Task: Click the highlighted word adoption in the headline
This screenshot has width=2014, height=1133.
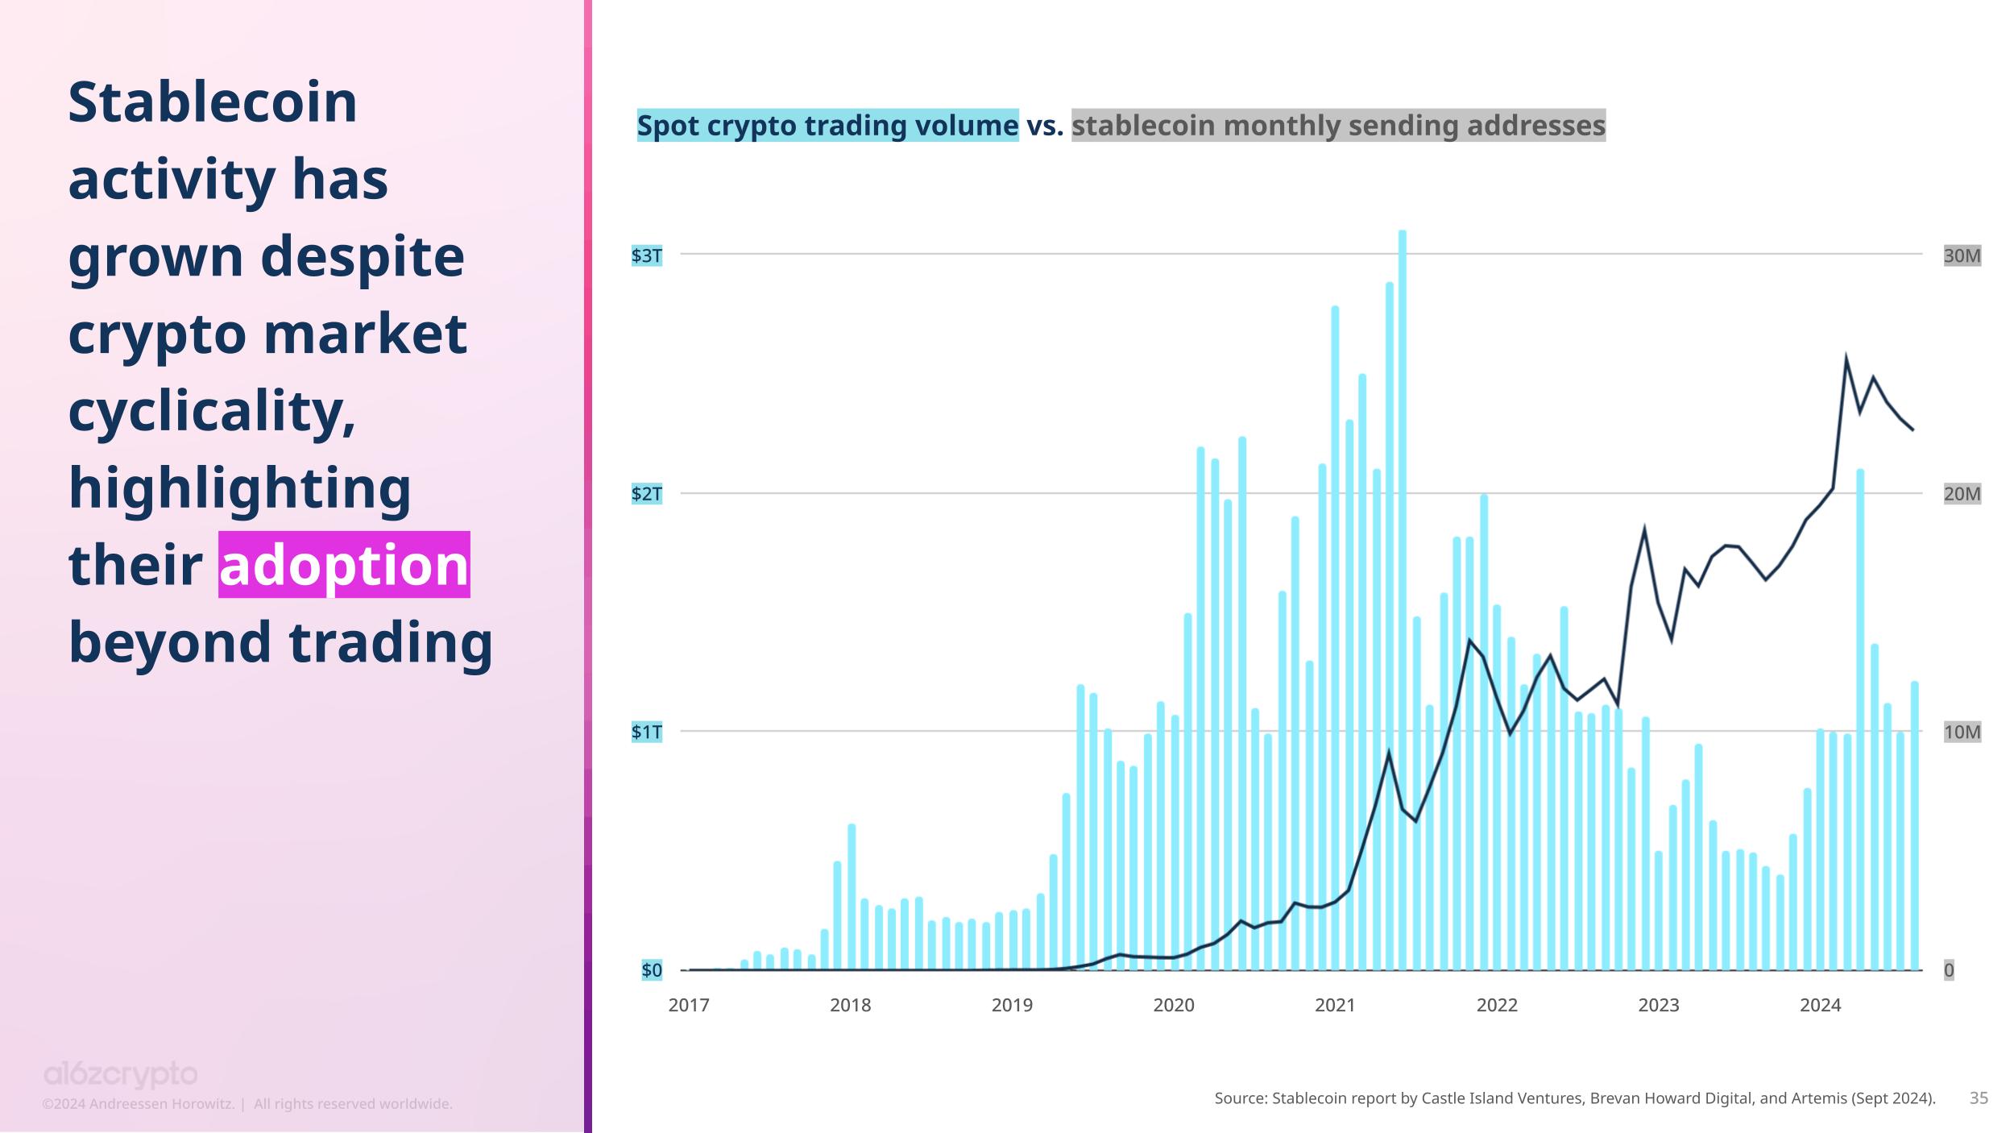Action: (344, 565)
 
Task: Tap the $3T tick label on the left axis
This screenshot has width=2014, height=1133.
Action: (646, 256)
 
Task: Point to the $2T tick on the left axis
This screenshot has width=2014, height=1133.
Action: (646, 494)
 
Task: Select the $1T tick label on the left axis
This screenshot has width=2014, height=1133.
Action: (646, 733)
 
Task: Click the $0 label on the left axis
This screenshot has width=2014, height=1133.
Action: (651, 970)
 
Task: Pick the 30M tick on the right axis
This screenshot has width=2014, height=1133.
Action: (1962, 256)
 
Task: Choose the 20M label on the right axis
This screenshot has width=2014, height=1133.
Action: (1962, 494)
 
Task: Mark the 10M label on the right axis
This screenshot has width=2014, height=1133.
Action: (1962, 733)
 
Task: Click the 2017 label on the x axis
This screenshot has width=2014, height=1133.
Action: (689, 1006)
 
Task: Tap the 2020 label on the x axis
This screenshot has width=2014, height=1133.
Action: (1174, 1006)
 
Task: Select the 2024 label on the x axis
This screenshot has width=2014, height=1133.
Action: (1821, 1006)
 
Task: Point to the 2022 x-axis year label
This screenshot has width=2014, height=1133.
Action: (1497, 1006)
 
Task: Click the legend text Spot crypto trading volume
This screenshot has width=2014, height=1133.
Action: (827, 126)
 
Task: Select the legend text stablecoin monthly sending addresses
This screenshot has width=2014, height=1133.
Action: (1338, 126)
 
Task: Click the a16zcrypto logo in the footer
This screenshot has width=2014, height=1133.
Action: (120, 1074)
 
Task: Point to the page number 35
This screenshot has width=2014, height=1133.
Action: (1979, 1098)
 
